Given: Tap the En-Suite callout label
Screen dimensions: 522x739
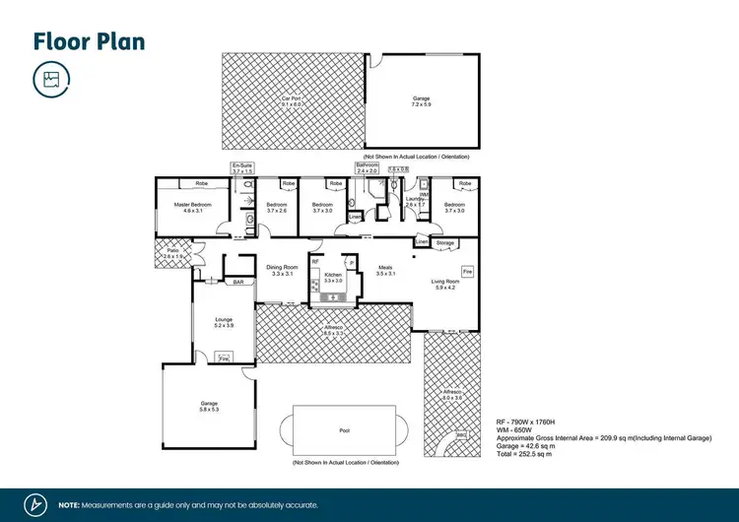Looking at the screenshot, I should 242,167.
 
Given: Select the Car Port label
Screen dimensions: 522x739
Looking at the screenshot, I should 292,99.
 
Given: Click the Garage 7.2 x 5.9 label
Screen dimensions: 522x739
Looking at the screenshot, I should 421,99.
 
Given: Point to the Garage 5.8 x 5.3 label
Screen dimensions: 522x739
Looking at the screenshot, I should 208,404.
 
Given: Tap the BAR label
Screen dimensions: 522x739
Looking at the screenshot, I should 237,283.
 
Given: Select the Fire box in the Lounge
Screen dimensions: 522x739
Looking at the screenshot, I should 224,359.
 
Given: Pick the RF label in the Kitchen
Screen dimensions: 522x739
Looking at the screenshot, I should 315,262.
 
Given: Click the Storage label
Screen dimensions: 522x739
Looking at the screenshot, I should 445,242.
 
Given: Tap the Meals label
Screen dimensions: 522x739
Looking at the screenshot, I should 385,269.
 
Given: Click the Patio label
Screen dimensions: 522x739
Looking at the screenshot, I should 173,253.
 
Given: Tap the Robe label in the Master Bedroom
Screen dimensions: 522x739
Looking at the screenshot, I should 200,183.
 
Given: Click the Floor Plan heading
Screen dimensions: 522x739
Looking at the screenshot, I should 90,41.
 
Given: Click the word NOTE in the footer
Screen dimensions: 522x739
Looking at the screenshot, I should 69,504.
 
